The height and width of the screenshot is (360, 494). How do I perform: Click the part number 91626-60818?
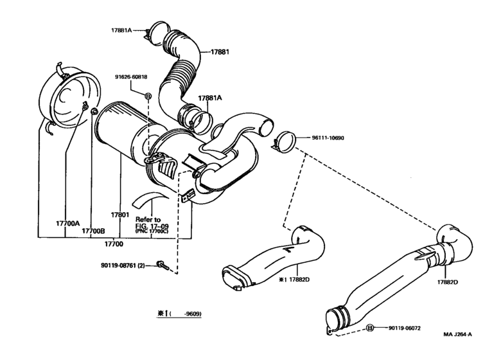point(132,77)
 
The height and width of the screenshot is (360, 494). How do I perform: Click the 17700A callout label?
point(67,223)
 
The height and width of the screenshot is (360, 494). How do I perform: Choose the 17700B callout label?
point(93,230)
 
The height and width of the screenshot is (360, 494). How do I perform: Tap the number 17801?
point(120,215)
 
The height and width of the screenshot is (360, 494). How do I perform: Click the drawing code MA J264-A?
point(457,334)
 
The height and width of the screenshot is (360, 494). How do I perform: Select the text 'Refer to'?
point(148,219)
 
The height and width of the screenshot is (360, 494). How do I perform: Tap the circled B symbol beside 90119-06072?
point(370,328)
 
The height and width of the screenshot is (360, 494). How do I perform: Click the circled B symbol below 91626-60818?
point(148,96)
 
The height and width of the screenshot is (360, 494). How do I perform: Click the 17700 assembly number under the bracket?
point(114,244)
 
